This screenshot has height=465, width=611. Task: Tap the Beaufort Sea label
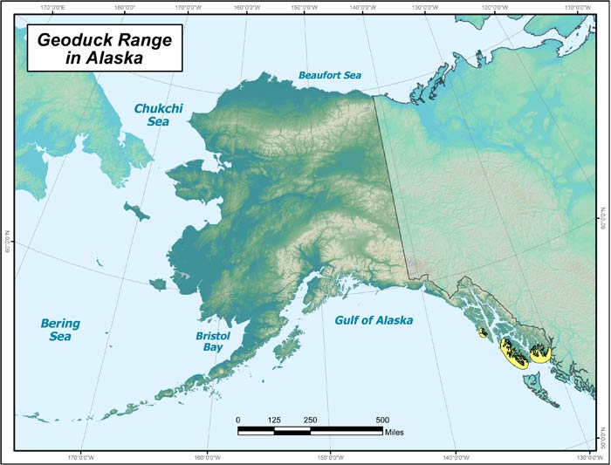329,76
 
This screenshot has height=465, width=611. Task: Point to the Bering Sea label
60,329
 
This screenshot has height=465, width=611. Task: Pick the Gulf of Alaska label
374,320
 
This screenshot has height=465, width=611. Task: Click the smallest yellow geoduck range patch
482,332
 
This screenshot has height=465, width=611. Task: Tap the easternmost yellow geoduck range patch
541,353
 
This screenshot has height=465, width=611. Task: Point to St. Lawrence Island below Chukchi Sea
136,210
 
